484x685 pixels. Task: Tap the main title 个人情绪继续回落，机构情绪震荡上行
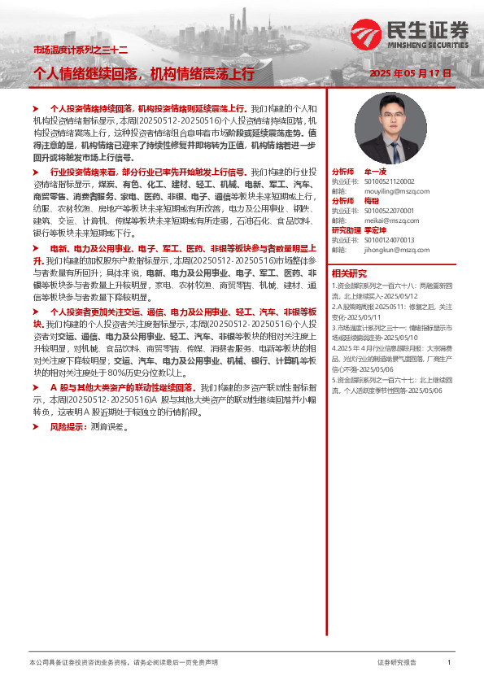143,74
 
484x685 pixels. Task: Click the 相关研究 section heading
349,273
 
